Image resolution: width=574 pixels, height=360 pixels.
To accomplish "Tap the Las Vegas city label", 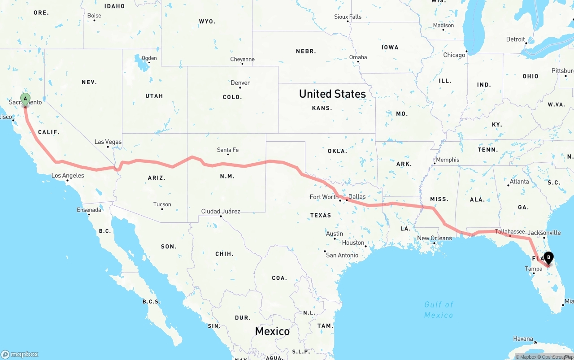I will coord(108,142).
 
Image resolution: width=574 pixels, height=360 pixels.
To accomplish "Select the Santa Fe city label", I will coord(228,150).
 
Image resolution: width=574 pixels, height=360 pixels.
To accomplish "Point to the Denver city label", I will coord(240,83).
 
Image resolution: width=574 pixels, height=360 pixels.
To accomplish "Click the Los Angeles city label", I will coord(68,176).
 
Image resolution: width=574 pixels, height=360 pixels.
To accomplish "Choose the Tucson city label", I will coord(162,204).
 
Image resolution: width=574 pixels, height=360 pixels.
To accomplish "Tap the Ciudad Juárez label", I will coord(221,211).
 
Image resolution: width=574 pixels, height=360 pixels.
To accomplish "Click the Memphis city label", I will coord(448,160).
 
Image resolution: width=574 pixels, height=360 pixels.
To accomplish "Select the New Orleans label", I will coord(435,238).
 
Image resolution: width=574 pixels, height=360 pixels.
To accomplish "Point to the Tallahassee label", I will coord(510,232).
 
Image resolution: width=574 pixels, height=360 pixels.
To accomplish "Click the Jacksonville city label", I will coord(544,233).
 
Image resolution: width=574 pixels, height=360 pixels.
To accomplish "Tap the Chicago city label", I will coord(454,55).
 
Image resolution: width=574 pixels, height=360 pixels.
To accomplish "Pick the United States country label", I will coord(332,94).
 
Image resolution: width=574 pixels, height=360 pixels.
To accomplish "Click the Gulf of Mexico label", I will coord(439,310).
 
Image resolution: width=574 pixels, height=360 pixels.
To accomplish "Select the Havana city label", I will coord(523,338).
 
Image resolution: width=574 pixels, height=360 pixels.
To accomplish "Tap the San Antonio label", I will coord(342,255).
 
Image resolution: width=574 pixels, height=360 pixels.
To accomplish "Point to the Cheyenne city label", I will coord(242,60).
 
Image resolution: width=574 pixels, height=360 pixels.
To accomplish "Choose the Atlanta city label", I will coord(519,182).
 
